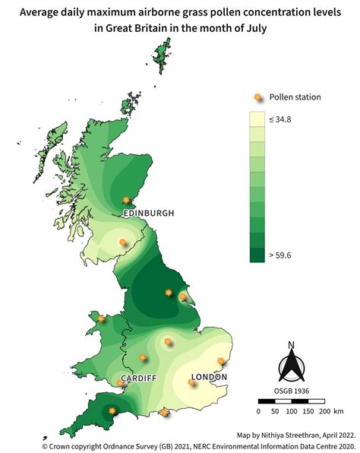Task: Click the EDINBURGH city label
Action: click(x=148, y=214)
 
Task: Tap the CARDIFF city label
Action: click(x=138, y=379)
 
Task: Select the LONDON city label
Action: click(x=209, y=377)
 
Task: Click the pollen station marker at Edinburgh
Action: click(x=128, y=202)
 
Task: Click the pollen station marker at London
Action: click(x=192, y=383)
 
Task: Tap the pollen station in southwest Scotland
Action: click(x=123, y=243)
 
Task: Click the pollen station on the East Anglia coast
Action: click(x=222, y=362)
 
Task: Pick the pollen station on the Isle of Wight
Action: click(x=166, y=413)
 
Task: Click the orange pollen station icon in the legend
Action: click(x=257, y=97)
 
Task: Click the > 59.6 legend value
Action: click(x=279, y=255)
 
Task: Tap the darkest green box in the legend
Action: click(x=257, y=255)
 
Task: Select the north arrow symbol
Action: click(x=291, y=363)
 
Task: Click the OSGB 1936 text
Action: click(x=291, y=391)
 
